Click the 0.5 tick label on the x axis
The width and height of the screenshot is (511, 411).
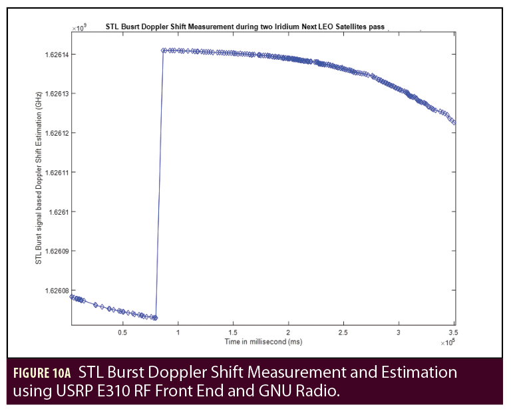(122, 331)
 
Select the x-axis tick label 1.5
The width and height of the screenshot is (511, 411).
(233, 331)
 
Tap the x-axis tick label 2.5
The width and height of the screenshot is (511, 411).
(343, 331)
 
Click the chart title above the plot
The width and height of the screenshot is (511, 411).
(246, 27)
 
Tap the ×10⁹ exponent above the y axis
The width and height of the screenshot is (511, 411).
(79, 28)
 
